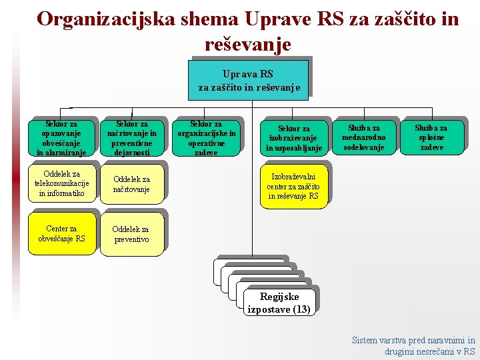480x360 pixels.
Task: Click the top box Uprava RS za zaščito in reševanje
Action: pyautogui.click(x=249, y=81)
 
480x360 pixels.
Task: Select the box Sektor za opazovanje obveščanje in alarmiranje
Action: pyautogui.click(x=61, y=138)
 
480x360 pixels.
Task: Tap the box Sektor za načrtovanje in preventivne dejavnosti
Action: pyautogui.click(x=132, y=138)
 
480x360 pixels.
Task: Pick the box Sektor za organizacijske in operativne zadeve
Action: pyautogui.click(x=206, y=138)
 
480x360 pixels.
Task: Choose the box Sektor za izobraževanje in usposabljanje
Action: pyautogui.click(x=294, y=138)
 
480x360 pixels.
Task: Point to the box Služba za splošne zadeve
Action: pyautogui.click(x=431, y=137)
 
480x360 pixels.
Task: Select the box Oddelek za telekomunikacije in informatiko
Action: pyautogui.click(x=61, y=184)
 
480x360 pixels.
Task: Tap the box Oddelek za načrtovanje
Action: pyautogui.click(x=131, y=184)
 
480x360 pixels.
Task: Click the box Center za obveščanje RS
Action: pyautogui.click(x=61, y=233)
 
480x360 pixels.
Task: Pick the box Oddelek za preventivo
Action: pyautogui.click(x=131, y=234)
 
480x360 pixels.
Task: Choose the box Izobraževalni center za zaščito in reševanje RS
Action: pyautogui.click(x=293, y=187)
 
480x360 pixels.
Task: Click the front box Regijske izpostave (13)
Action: pyautogui.click(x=279, y=303)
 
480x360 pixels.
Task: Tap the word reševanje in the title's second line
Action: pyautogui.click(x=248, y=45)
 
